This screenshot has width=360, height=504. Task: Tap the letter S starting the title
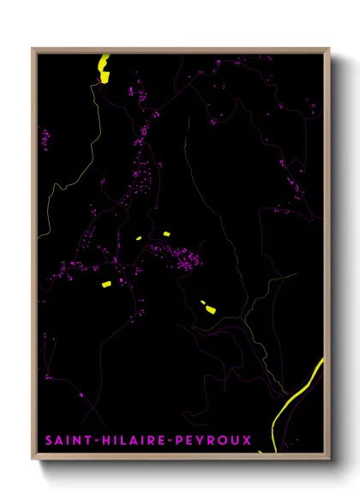(x=48, y=441)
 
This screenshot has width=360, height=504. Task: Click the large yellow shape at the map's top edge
(x=105, y=68)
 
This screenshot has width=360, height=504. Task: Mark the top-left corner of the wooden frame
(x=33, y=49)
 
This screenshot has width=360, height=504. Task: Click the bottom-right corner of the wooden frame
(x=329, y=459)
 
